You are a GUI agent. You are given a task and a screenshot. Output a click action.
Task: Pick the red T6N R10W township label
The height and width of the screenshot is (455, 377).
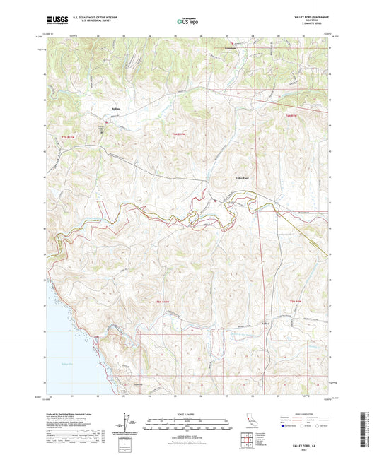(x=177, y=134)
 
